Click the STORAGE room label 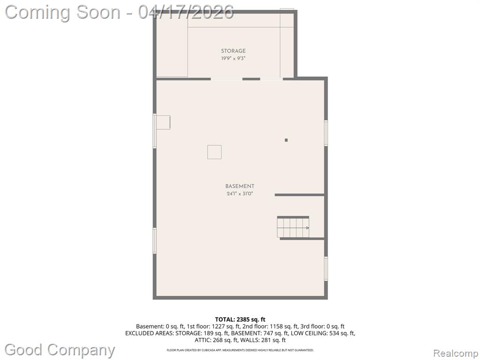click(x=233, y=51)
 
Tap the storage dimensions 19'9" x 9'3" click(x=233, y=58)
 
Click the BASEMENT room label click(x=240, y=186)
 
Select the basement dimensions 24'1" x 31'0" click(x=240, y=194)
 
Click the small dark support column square click(x=286, y=140)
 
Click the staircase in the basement click(x=293, y=227)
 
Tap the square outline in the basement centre click(x=214, y=152)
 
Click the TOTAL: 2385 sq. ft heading click(x=240, y=320)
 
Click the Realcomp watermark click(x=456, y=353)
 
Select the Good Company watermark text click(x=60, y=350)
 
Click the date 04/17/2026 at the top click(x=186, y=12)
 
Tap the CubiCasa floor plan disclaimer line click(x=240, y=350)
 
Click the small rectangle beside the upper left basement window click(x=163, y=122)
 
